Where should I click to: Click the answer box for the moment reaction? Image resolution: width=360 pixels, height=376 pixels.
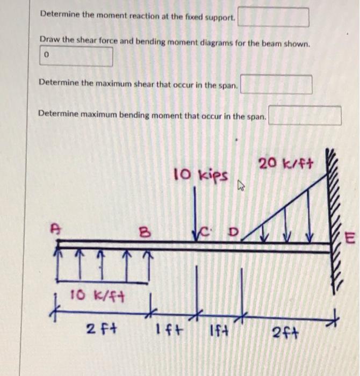[x=273, y=17]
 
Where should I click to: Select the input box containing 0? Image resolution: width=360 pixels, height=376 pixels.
[x=76, y=56]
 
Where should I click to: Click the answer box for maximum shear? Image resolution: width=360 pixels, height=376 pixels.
[x=276, y=85]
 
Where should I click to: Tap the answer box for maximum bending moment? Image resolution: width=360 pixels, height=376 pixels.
[x=305, y=115]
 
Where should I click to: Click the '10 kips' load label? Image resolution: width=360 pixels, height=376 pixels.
[x=201, y=175]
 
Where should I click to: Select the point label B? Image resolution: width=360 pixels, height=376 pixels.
[x=143, y=233]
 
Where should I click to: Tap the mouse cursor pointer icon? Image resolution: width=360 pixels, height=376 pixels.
[x=241, y=186]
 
